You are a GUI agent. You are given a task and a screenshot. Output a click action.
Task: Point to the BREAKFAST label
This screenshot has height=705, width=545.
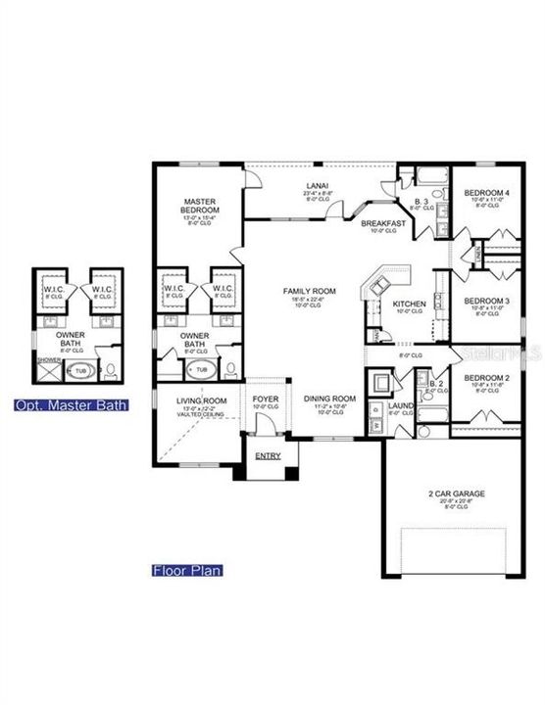point(383,223)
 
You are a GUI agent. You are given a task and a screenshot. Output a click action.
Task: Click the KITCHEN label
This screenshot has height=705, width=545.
point(409,305)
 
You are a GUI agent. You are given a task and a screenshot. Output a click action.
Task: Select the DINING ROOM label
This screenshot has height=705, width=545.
point(329,399)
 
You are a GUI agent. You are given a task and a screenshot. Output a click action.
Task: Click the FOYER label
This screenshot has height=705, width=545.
point(265,399)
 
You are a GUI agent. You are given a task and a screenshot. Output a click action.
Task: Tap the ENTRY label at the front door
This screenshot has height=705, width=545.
point(267,456)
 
